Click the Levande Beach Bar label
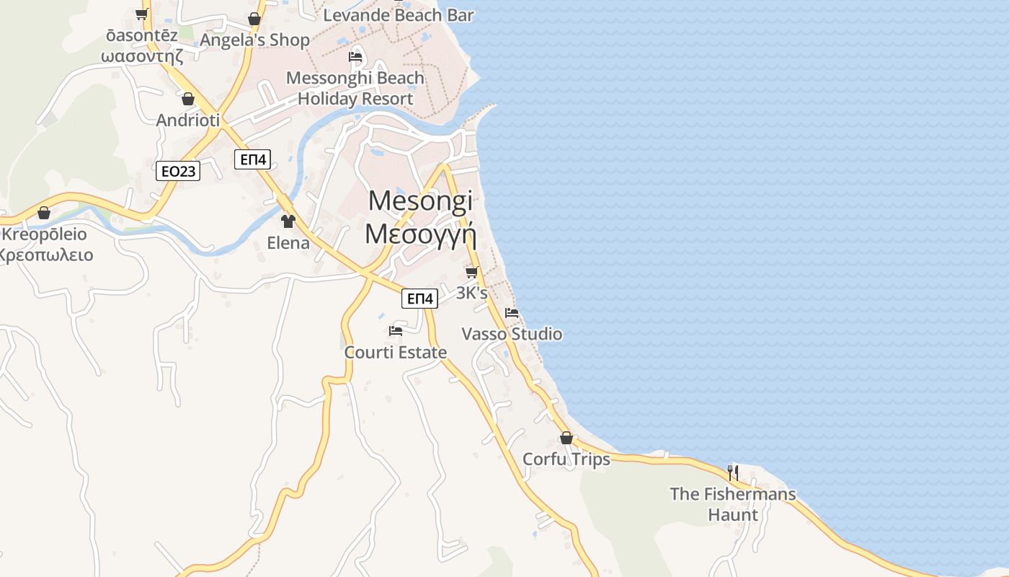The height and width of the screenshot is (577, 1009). [x=399, y=14]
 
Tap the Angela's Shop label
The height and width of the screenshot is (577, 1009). [x=254, y=40]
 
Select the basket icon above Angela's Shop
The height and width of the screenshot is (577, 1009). [x=254, y=19]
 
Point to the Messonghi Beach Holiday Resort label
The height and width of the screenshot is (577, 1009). [x=355, y=88]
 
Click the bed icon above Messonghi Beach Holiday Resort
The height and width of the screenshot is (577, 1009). [x=355, y=57]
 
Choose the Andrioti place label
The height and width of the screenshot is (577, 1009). [x=188, y=120]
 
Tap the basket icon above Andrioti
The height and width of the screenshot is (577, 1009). [x=188, y=99]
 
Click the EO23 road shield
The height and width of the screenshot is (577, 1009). [x=178, y=171]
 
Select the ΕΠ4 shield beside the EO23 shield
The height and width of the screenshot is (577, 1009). [x=252, y=160]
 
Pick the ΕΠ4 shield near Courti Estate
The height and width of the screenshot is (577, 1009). [x=419, y=298]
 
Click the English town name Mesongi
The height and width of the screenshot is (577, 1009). [x=421, y=201]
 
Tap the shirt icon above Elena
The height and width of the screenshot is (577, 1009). [x=288, y=221]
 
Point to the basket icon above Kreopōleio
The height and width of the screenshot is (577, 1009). [x=44, y=213]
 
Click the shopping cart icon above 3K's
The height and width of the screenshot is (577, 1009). [x=471, y=272]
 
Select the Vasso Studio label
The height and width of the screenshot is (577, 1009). [x=512, y=334]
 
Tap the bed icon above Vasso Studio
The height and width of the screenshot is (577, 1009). [x=512, y=312]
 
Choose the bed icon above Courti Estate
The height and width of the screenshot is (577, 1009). [x=396, y=331]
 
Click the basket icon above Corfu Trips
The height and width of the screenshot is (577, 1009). [x=566, y=438]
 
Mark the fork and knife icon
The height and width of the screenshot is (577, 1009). [x=732, y=472]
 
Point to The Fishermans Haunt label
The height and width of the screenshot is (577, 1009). [x=733, y=504]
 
